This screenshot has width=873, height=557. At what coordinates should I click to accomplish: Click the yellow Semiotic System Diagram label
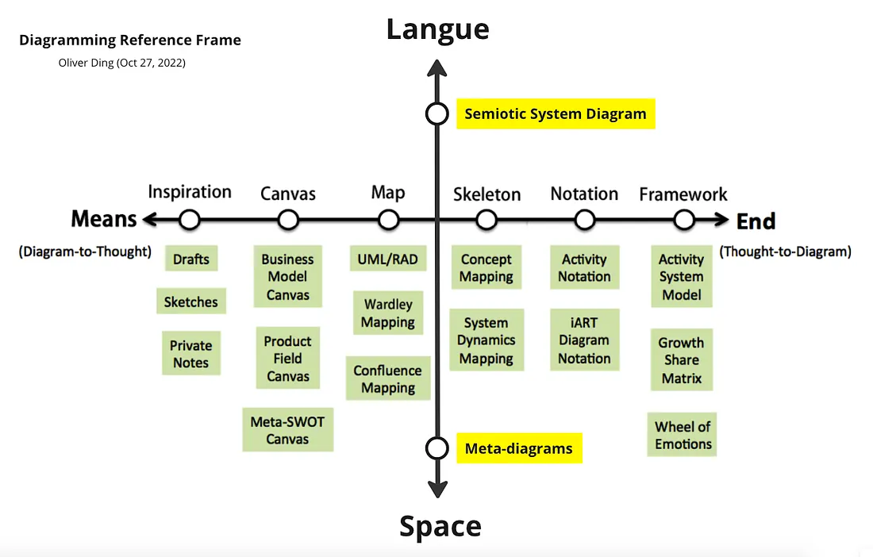(556, 113)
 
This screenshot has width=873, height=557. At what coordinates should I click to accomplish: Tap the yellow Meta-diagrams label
(518, 448)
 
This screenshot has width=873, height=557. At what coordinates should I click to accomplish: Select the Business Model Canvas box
(288, 277)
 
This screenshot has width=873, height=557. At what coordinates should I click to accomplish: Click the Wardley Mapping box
(388, 313)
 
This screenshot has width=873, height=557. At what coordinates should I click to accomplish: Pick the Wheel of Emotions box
(683, 435)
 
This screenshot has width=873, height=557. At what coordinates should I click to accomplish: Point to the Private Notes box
(190, 354)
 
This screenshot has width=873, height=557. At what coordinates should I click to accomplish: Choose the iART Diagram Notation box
(584, 340)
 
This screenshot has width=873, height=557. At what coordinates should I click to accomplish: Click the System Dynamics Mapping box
(486, 340)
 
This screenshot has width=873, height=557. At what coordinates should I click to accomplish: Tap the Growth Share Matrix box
(681, 360)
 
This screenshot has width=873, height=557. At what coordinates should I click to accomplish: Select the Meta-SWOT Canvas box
(287, 430)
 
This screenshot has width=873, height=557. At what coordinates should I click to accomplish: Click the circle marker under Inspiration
(189, 219)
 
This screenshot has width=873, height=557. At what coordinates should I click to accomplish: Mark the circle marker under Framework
(683, 219)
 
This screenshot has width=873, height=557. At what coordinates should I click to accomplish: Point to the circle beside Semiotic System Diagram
(436, 113)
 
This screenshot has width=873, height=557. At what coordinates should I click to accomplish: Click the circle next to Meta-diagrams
(436, 448)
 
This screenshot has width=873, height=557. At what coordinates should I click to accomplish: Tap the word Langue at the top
(437, 29)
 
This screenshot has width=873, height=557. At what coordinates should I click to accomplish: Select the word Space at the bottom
(440, 526)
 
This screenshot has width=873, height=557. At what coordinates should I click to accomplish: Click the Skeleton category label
(486, 194)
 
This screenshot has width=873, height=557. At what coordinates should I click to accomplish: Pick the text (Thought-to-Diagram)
(785, 252)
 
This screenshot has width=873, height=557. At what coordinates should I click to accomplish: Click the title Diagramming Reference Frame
(130, 40)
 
